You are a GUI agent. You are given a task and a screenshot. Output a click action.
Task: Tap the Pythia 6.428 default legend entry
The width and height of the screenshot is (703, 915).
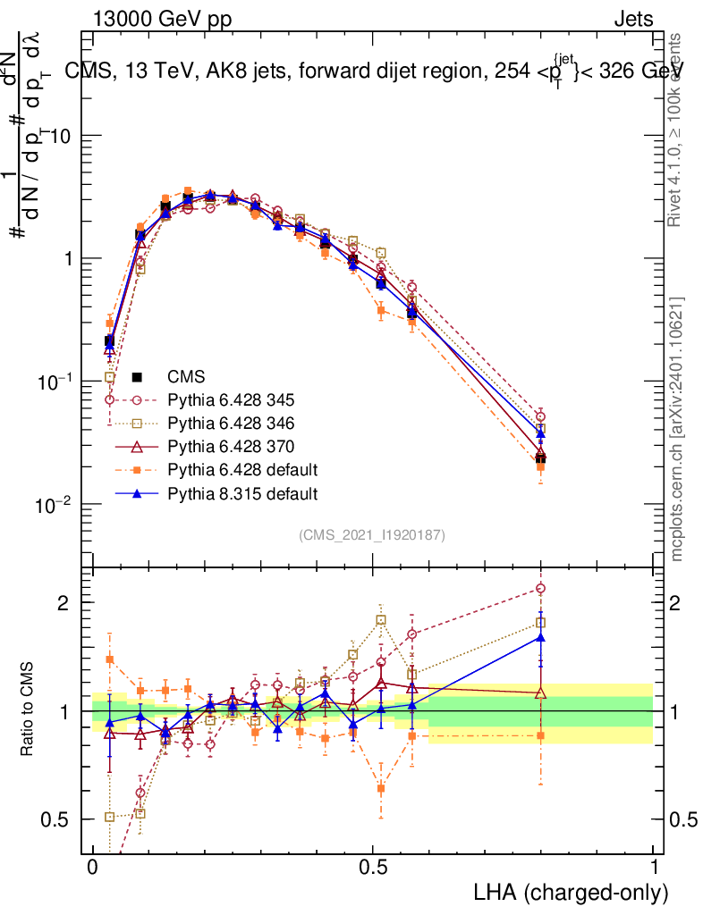(x=228, y=469)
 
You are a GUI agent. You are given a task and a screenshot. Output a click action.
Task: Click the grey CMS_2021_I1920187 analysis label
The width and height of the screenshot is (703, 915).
(x=372, y=534)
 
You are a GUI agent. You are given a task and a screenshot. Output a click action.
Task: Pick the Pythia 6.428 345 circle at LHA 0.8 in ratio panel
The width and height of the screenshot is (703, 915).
(x=540, y=588)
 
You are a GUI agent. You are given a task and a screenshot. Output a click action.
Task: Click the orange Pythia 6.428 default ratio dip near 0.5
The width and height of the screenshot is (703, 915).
(x=381, y=788)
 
